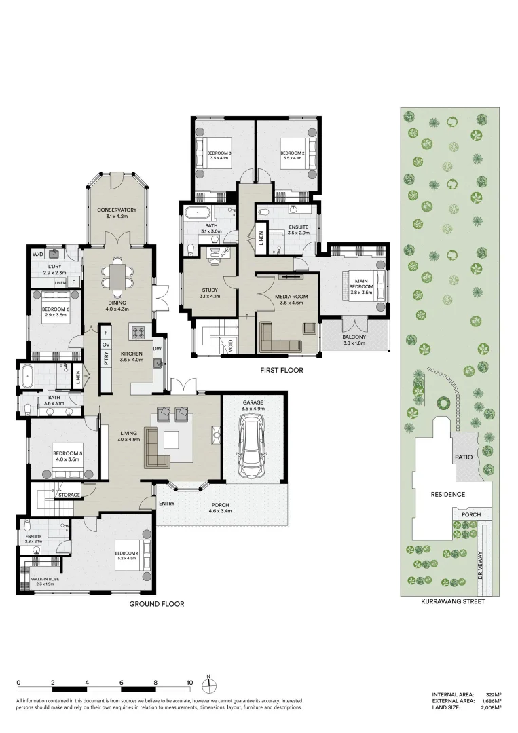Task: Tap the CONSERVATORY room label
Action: coord(117,210)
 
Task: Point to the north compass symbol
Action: coord(210,681)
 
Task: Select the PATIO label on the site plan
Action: coord(464,457)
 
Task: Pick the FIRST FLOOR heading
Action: coord(281,371)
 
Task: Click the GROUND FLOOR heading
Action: coord(157,603)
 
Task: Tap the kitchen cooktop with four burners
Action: coord(138,333)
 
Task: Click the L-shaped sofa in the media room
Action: coord(278,338)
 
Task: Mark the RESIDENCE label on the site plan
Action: coord(448,494)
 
